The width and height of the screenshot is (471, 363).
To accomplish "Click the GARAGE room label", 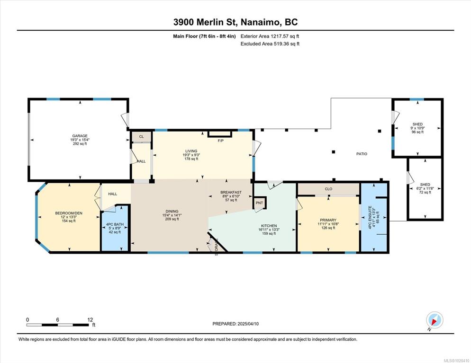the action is coord(80,136).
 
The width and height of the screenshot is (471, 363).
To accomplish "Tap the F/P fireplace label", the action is coord(220,141).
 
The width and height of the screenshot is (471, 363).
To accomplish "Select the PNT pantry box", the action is coord(259,203).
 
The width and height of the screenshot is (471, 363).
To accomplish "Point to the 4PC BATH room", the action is coord(115,228).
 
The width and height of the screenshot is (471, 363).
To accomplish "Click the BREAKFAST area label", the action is coord(231,192).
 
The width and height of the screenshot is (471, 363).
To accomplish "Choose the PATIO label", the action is coord(362,154).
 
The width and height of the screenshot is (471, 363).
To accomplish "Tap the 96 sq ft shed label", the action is coord(417,132).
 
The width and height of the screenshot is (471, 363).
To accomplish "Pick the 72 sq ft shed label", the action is coord(425,192).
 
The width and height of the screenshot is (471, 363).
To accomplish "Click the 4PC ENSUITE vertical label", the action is coord(370,217).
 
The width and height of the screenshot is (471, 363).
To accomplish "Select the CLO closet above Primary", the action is coord(328,189).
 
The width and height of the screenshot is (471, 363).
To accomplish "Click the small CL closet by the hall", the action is coord(141,136).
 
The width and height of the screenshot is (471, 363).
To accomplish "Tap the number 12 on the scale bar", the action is coord(90,320).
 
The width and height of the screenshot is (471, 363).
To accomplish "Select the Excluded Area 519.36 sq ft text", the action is coord(270,44).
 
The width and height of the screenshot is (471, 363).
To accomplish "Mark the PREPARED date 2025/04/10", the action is coord(248,324).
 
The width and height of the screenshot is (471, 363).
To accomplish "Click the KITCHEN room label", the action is coord(269,226).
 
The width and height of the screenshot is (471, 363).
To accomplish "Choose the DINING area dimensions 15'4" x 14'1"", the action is coord(172,215).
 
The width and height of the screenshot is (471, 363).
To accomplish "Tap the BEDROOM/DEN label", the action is coord(69,213).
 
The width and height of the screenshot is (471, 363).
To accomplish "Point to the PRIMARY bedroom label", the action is coord(328,220).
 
